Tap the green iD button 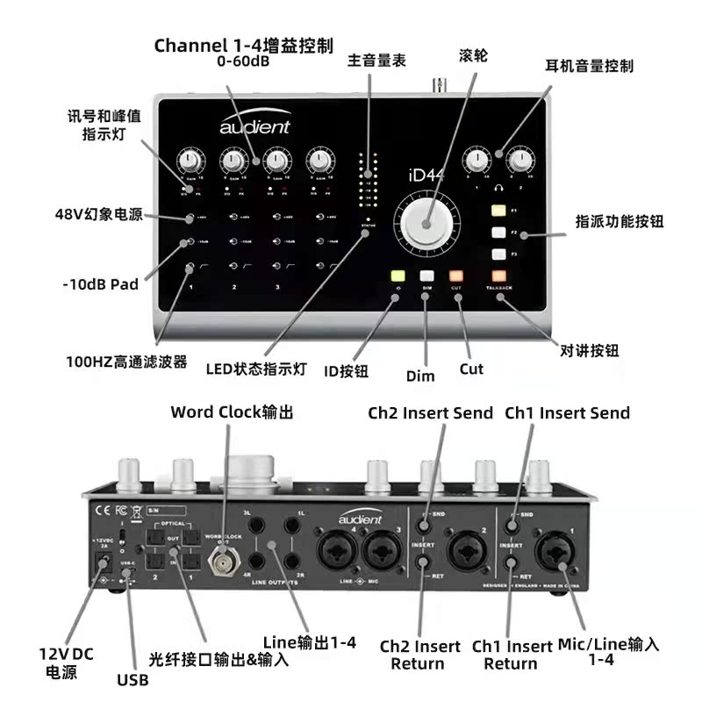point(398,275)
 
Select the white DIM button point(426,275)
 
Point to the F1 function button point(499,211)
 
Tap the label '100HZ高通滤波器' point(126,361)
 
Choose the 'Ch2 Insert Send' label point(430,412)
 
